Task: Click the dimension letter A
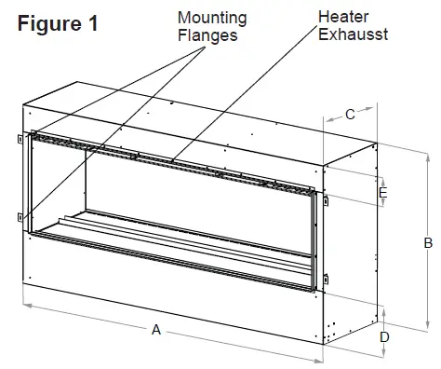[156, 329]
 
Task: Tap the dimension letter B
[427, 243]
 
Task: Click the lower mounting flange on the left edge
[19, 216]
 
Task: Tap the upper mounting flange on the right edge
[326, 198]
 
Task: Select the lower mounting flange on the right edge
[326, 276]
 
